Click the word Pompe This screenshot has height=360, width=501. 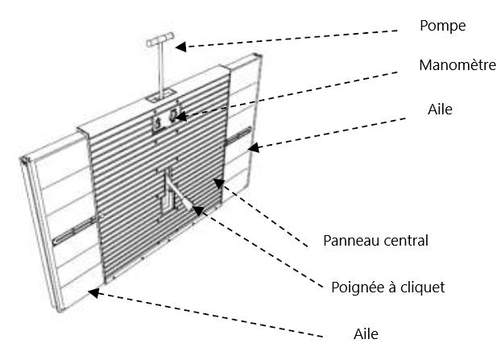[442, 27]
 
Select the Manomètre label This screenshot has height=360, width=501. [455, 66]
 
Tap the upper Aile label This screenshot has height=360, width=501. [441, 109]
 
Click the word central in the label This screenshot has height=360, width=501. [406, 241]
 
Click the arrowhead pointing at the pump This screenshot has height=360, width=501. [183, 47]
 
